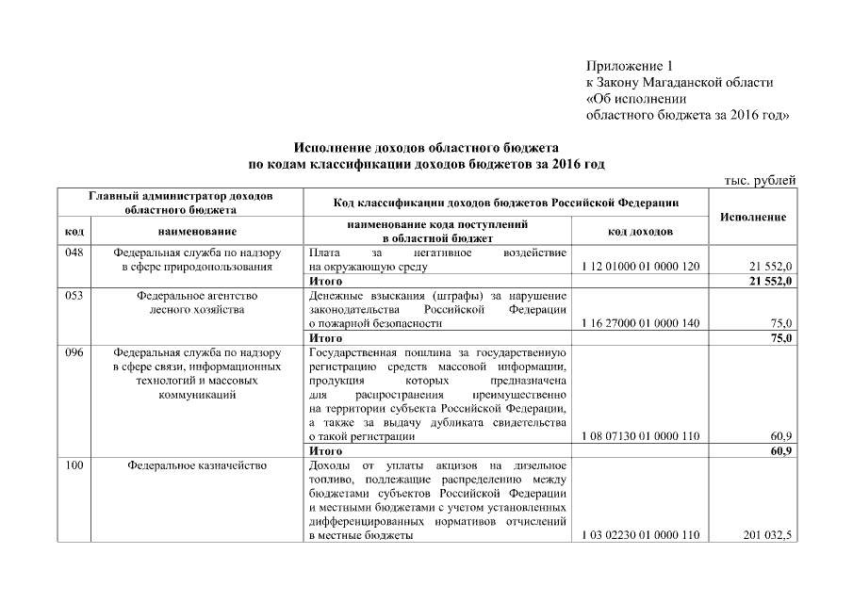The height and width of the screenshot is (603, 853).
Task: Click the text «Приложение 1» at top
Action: (630, 66)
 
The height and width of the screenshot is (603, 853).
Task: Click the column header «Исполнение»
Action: (752, 217)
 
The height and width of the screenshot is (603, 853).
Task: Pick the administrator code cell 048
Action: (75, 253)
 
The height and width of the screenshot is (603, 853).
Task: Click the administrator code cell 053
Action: (75, 295)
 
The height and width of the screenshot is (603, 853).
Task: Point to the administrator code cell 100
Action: (75, 464)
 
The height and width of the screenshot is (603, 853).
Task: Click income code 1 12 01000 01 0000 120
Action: (640, 267)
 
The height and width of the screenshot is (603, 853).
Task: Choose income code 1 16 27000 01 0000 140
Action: (640, 323)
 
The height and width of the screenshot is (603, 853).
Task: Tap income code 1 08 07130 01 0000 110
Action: (640, 436)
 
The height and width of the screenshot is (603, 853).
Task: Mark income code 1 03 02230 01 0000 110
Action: (640, 535)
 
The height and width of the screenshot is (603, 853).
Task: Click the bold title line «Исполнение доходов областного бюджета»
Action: (426, 148)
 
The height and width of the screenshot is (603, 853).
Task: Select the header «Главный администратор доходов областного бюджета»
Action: (180, 203)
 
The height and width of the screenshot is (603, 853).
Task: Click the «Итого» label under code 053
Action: (325, 337)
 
